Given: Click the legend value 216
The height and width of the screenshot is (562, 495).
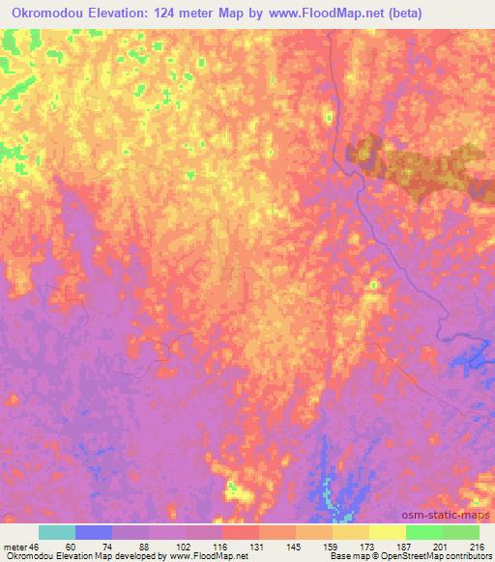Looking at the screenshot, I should [x=478, y=546].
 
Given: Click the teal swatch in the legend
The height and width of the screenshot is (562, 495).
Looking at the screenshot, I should [x=57, y=532].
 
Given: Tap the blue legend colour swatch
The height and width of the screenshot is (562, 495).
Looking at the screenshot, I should [x=94, y=532].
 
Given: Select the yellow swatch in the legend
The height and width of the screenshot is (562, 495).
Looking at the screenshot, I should [x=387, y=532].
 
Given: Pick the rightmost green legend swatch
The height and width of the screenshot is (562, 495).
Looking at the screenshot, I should [x=460, y=532].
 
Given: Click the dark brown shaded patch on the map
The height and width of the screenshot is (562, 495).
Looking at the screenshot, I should [x=416, y=164].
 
